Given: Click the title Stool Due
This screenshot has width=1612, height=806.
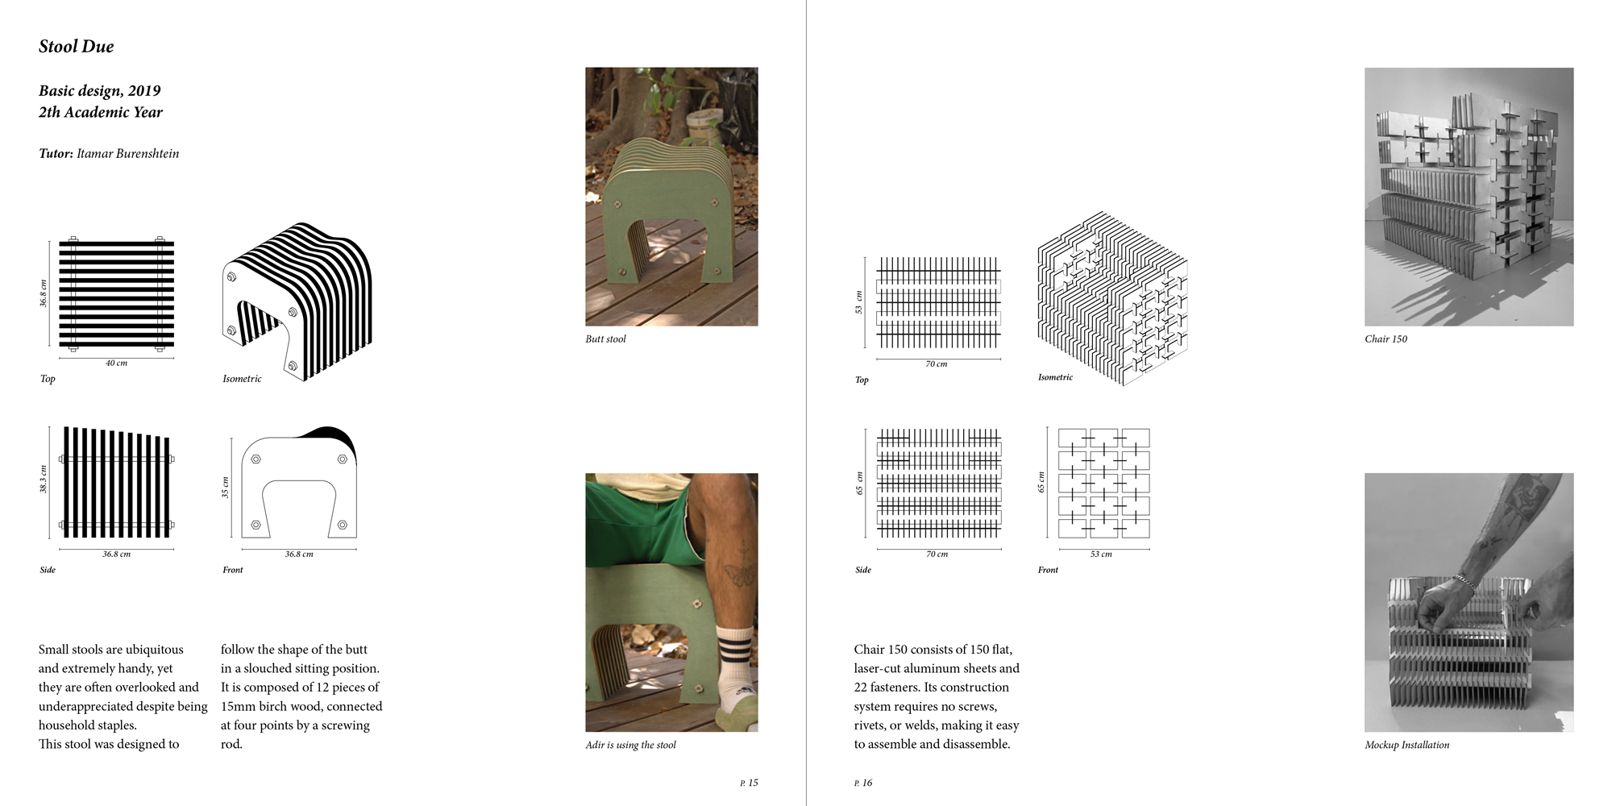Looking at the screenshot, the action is point(77,47).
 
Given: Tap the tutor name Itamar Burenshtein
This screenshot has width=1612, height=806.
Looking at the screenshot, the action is point(128,153).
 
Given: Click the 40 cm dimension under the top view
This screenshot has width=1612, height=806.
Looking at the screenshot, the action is point(116,364).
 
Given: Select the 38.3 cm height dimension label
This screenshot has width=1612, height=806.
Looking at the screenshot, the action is point(44,480).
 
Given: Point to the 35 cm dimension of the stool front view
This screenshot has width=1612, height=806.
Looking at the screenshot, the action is point(226,488).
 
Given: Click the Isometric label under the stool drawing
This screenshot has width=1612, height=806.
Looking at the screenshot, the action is point(242,379).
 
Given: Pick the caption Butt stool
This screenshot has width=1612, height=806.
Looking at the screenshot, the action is point(605,339).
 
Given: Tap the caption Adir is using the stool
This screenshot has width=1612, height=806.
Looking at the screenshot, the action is point(630,745).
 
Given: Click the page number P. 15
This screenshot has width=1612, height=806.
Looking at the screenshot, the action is point(749,783).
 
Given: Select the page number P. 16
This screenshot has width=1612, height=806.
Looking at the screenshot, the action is point(863,783).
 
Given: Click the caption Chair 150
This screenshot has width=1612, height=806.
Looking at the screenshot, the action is point(1386,339).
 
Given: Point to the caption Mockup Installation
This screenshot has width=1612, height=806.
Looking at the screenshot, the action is point(1406,745).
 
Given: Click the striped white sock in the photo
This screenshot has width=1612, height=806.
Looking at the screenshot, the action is point(734,657).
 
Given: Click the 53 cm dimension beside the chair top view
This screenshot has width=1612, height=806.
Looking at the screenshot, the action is point(859,303).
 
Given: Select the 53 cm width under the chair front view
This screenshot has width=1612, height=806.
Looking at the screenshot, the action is point(1101,555).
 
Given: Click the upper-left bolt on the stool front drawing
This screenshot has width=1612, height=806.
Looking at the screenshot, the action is point(256,459).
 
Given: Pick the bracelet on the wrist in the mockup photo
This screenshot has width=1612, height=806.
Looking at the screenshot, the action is point(1460,582).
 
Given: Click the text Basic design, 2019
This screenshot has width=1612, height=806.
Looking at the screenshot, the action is point(100,90).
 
